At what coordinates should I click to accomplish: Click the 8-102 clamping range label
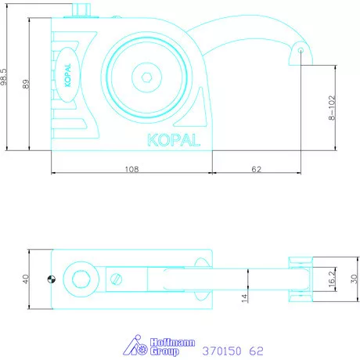coord(332,107)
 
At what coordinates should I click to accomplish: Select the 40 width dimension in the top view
coord(26,279)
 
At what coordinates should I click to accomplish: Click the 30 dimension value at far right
coord(353,279)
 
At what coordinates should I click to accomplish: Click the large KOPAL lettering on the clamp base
coord(173,139)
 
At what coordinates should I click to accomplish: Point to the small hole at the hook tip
coord(301,51)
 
